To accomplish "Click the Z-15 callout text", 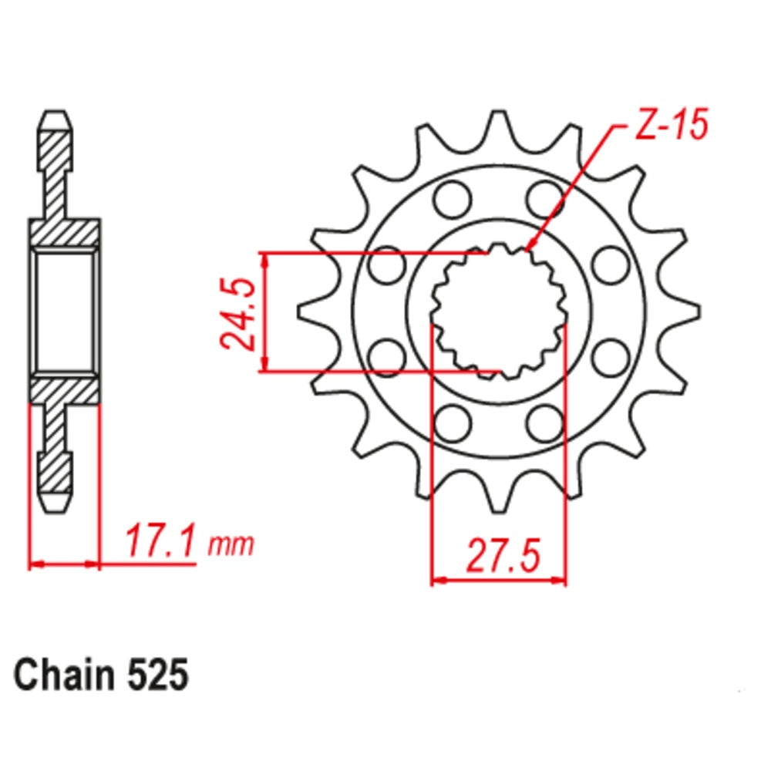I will tap(669, 126).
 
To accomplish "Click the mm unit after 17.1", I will tap(231, 546).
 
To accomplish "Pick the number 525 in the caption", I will tap(155, 675).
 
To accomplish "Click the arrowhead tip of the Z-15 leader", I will tap(527, 249).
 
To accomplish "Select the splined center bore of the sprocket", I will tap(499, 312).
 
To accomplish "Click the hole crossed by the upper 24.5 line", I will tap(387, 265).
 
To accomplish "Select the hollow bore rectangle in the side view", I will tap(65, 311).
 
